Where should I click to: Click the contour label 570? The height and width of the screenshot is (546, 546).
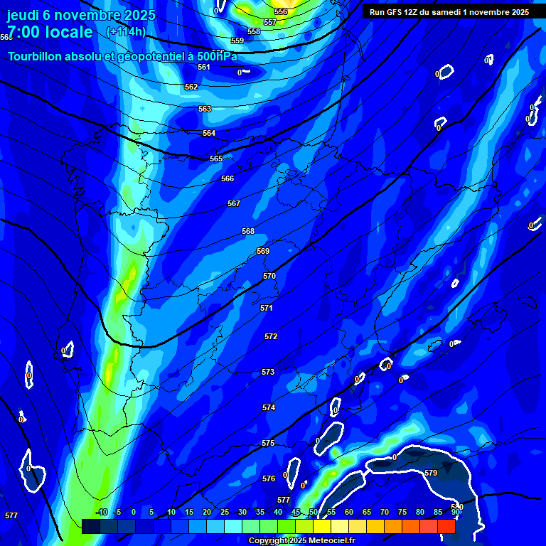pyautogui.click(x=269, y=276)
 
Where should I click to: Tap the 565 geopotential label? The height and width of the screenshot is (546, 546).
pyautogui.click(x=216, y=159)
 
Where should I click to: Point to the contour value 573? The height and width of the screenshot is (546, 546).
pyautogui.click(x=268, y=372)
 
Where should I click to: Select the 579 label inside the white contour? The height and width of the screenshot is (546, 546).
pyautogui.click(x=431, y=473)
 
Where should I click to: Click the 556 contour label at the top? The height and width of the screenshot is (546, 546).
pyautogui.click(x=281, y=11)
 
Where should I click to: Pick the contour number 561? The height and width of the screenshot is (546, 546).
pyautogui.click(x=204, y=67)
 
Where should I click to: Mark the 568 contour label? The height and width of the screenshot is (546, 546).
pyautogui.click(x=248, y=231)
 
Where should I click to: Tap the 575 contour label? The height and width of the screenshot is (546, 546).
pyautogui.click(x=268, y=443)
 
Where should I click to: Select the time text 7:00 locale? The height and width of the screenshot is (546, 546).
pyautogui.click(x=50, y=32)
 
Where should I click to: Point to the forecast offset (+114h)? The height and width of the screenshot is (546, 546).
pyautogui.click(x=126, y=31)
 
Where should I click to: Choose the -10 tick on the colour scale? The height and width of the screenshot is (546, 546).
pyautogui.click(x=102, y=512)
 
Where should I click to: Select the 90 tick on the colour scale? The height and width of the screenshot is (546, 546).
pyautogui.click(x=456, y=512)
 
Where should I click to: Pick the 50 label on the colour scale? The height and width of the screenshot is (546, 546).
pyautogui.click(x=314, y=512)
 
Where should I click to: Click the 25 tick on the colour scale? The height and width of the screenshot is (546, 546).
pyautogui.click(x=225, y=512)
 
